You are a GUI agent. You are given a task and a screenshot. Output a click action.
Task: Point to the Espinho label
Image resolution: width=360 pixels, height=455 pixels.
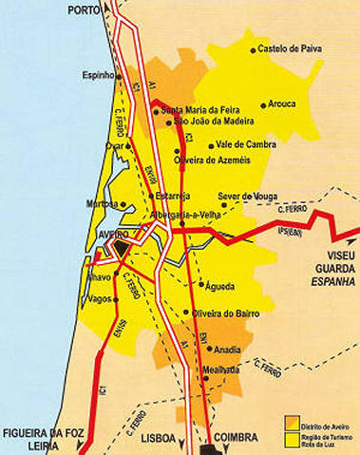coord(98,74)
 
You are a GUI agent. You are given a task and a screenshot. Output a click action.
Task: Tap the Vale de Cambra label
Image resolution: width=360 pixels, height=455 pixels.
coord(245,144)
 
